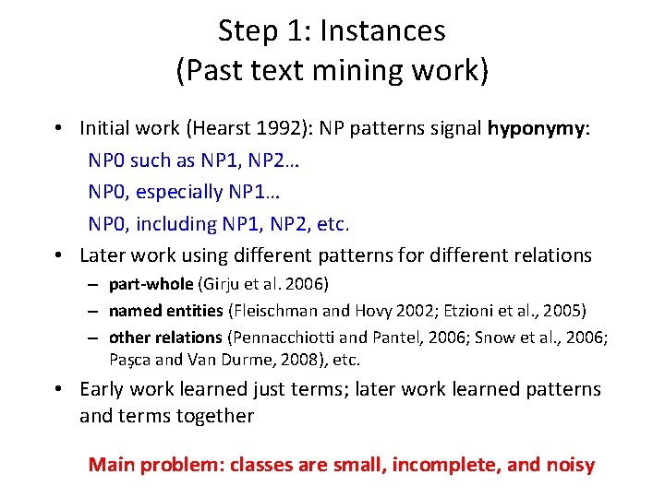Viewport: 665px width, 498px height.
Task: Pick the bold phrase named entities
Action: click(x=166, y=311)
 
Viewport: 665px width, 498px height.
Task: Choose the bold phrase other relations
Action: click(x=165, y=338)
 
